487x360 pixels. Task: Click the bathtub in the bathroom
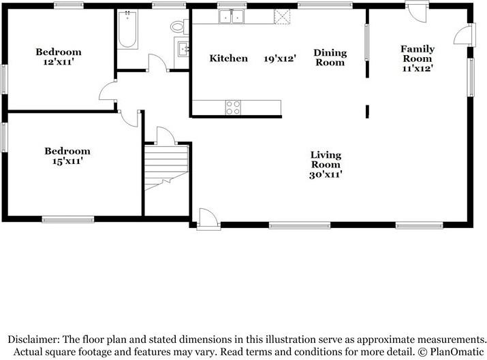tap(127, 31)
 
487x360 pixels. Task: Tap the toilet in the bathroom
tap(178, 27)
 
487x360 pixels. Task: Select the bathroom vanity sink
tap(183, 48)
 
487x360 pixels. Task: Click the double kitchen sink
tap(231, 16)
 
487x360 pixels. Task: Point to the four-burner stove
tap(233, 107)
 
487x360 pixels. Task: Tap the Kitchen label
tap(228, 59)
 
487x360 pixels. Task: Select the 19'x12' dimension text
tap(280, 59)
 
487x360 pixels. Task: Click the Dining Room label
tap(330, 58)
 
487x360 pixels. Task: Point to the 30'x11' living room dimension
tap(326, 174)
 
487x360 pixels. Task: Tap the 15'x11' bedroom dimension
tap(67, 161)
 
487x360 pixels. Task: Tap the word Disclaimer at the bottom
tap(33, 339)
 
